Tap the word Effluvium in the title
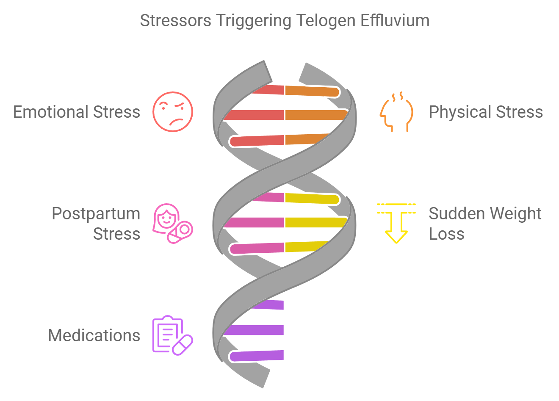[x=395, y=21]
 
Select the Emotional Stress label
[x=77, y=112]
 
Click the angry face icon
[x=173, y=111]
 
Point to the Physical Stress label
[x=486, y=112]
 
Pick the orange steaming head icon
[x=396, y=112]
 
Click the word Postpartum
[x=96, y=214]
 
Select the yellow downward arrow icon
[x=396, y=223]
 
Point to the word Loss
[x=446, y=234]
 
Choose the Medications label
[x=94, y=335]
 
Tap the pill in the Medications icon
[x=183, y=345]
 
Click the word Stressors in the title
[x=175, y=21]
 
